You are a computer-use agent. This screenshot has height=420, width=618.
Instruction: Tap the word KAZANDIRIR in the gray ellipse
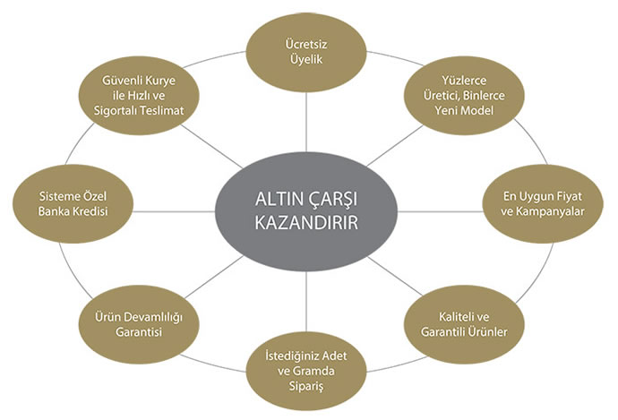tap(306, 222)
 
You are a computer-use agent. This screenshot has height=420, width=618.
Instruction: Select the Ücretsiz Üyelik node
tap(306, 51)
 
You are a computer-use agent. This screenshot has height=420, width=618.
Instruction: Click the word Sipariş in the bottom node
tap(306, 385)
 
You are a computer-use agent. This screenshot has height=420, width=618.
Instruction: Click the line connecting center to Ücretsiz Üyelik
tap(306, 125)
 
